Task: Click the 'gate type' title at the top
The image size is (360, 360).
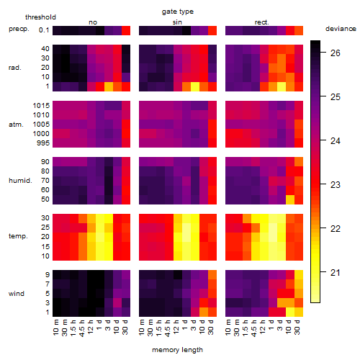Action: pyautogui.click(x=178, y=12)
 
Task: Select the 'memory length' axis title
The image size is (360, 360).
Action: pyautogui.click(x=177, y=350)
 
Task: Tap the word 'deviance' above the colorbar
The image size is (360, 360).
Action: pyautogui.click(x=341, y=29)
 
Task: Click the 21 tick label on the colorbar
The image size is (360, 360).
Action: pyautogui.click(x=335, y=273)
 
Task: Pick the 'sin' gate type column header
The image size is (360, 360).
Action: pyautogui.click(x=177, y=22)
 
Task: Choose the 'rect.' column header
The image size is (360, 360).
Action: pyautogui.click(x=261, y=22)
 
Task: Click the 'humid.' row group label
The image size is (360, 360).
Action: pyautogui.click(x=20, y=181)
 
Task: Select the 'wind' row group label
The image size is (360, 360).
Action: pyautogui.click(x=17, y=294)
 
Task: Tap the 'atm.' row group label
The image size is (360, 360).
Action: pyautogui.click(x=16, y=125)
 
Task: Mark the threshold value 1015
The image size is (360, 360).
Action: pyautogui.click(x=41, y=106)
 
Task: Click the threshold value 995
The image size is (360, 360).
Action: pyautogui.click(x=43, y=143)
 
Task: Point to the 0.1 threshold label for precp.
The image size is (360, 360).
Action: pyautogui.click(x=44, y=30)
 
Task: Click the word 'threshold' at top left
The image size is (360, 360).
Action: pyautogui.click(x=40, y=17)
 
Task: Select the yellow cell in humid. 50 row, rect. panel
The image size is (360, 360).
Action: pyautogui.click(x=290, y=199)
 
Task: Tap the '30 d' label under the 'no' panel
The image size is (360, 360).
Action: pyautogui.click(x=125, y=327)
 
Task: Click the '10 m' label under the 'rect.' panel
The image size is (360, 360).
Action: pyautogui.click(x=229, y=327)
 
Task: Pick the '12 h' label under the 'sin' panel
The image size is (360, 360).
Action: pyautogui.click(x=176, y=327)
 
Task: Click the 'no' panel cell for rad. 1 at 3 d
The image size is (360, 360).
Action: pyautogui.click(x=109, y=86)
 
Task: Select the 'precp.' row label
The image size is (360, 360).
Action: pyautogui.click(x=19, y=29)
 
